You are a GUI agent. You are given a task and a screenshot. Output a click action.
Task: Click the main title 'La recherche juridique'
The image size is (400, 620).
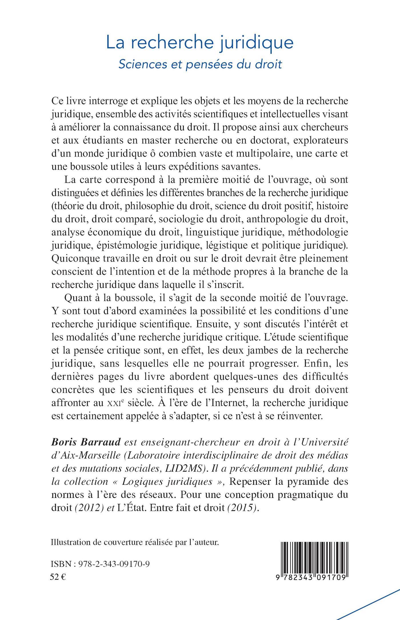[200, 43]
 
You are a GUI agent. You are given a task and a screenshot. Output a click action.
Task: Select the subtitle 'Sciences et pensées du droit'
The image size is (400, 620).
[200, 64]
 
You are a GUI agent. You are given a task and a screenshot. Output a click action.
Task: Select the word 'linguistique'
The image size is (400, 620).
[208, 232]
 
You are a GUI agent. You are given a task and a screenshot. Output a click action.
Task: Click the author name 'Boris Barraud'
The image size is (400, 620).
[87, 442]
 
